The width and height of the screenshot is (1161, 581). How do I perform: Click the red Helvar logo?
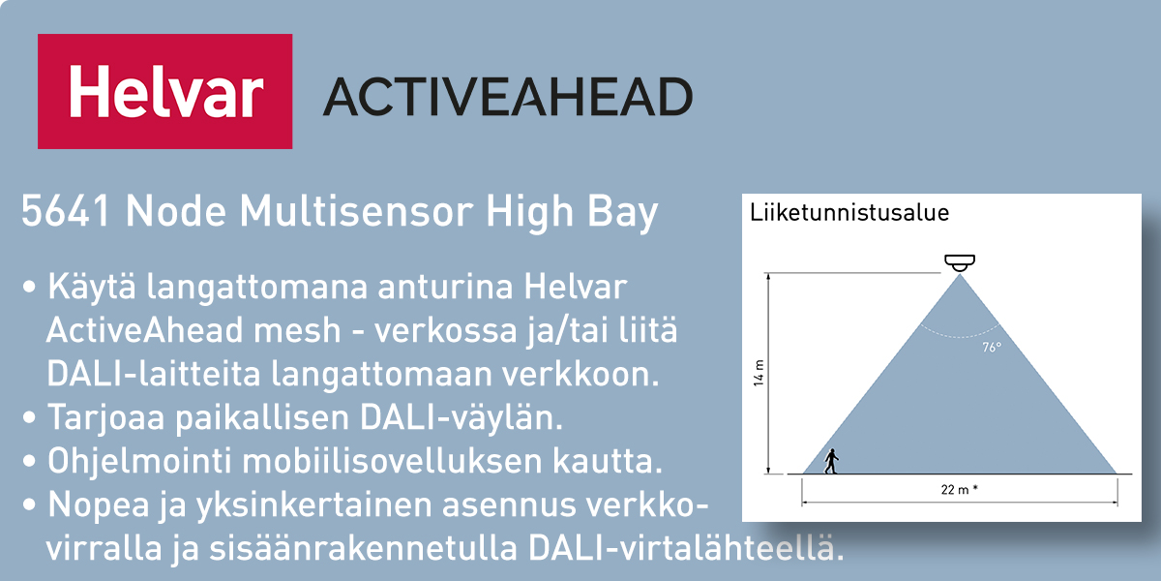tap(164, 91)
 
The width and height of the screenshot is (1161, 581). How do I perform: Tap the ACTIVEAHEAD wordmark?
tap(508, 97)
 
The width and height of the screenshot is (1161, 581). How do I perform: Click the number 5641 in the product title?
tap(66, 211)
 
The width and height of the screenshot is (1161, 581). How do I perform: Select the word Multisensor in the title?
tap(356, 211)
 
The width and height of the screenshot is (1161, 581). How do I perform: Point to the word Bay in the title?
tap(622, 213)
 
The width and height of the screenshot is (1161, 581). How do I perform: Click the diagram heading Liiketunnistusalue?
tap(849, 213)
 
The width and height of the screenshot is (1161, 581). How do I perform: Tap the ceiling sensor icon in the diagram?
tap(960, 262)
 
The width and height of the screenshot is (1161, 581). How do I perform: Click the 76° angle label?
tap(992, 347)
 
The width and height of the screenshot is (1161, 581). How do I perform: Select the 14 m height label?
tap(759, 373)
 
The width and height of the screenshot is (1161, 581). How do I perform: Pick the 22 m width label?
tap(959, 489)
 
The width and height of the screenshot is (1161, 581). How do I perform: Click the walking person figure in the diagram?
tap(831, 461)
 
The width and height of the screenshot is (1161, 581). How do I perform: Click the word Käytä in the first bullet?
tap(92, 287)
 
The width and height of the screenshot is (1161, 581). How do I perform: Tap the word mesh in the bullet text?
tap(296, 330)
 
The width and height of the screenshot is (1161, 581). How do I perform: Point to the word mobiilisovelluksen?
tap(392, 461)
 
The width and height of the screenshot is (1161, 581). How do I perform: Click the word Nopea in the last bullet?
tap(99, 505)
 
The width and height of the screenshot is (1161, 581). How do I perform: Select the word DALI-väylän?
tap(461, 417)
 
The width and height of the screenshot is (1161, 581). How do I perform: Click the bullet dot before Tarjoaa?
tap(30, 417)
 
